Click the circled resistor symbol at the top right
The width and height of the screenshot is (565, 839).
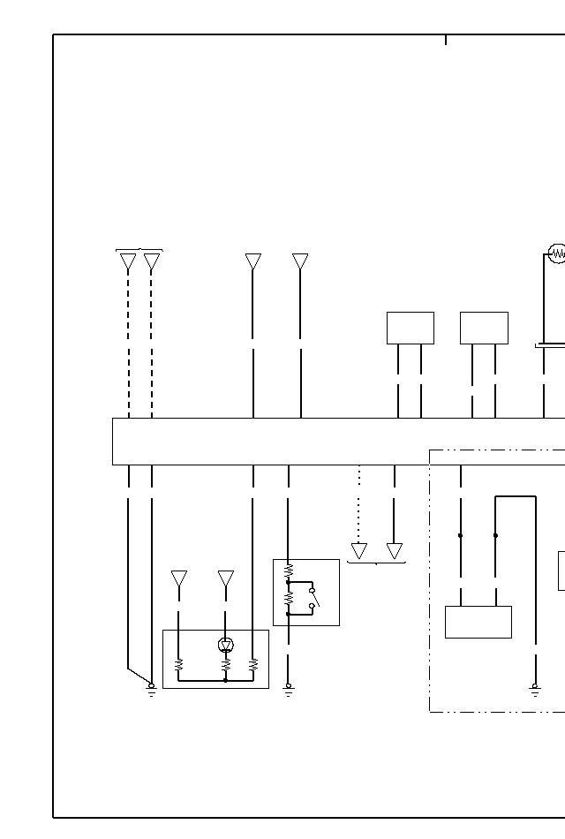558,254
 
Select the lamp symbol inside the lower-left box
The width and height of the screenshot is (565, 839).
226,645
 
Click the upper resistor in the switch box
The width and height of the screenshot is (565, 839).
288,572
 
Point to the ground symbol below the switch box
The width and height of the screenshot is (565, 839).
288,689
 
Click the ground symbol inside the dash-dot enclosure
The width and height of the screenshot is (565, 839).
535,689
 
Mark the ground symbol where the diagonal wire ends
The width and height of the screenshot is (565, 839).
152,689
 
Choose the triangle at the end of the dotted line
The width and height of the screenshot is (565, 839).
359,550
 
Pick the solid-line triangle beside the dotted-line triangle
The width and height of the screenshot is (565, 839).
395,550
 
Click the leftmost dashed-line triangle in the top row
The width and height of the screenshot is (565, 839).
128,261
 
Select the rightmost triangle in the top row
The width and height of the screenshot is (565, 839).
300,261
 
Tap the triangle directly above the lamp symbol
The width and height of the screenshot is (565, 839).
226,578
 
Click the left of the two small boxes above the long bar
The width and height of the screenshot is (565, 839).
411,328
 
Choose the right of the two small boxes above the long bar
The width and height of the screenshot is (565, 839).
484,328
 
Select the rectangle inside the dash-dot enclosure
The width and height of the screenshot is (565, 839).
478,622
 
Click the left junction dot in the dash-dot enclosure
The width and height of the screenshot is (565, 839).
460,535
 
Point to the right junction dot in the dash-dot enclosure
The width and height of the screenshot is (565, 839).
495,535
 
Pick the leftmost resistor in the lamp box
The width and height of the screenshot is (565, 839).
179,664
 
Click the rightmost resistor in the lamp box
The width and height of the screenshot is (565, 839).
253,664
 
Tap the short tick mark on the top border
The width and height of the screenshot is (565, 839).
446,39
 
